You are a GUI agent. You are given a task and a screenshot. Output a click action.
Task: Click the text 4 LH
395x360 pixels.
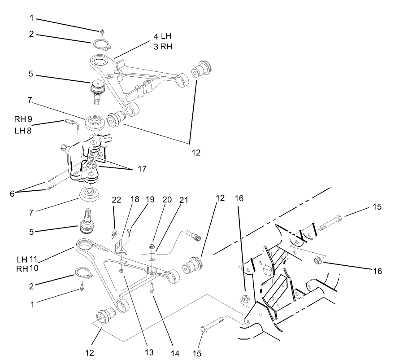[163, 35]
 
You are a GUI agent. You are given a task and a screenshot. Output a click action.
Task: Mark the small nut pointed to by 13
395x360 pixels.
[122, 272]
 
